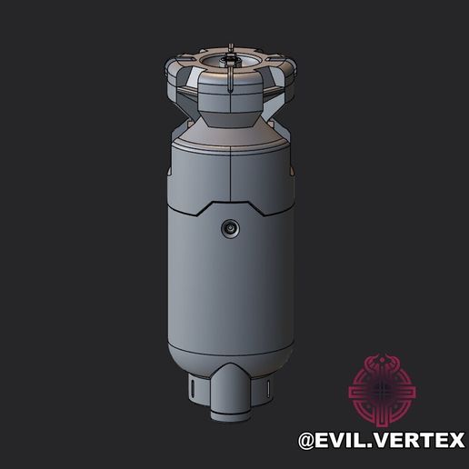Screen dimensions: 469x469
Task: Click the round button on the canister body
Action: click(x=229, y=228)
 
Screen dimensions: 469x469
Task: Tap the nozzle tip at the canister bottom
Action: click(x=229, y=413)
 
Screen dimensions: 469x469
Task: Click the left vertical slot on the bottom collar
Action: click(x=193, y=392)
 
